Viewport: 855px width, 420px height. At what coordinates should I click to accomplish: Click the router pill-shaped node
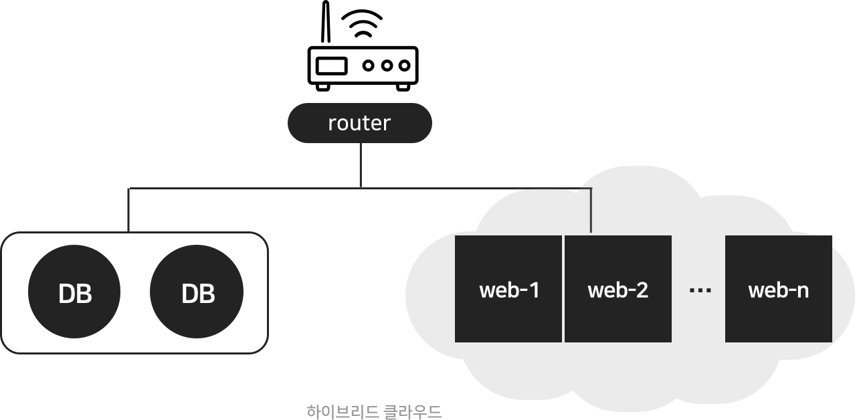coord(359,123)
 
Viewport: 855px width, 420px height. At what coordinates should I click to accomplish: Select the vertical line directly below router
coord(361,165)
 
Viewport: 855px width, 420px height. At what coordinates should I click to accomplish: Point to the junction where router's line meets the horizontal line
coord(361,189)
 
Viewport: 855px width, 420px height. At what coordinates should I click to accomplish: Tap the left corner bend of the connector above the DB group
coord(128,189)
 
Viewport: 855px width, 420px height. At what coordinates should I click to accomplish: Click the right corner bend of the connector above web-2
coord(591,189)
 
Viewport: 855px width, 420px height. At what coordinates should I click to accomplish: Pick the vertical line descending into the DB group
coord(128,211)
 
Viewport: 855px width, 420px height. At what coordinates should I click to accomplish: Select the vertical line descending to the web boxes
coord(591,211)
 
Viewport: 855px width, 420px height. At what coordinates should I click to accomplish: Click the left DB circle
coord(74,293)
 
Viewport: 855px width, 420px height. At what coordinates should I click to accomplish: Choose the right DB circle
coord(197,293)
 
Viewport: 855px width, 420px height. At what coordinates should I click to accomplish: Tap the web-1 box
coord(508,289)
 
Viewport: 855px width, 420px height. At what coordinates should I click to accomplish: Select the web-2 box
coord(618,289)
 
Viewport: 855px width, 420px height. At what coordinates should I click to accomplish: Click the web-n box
coord(778,289)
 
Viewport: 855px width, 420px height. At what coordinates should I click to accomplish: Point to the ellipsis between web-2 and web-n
coord(700,290)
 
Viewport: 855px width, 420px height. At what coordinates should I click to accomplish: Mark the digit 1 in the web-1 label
coord(533,290)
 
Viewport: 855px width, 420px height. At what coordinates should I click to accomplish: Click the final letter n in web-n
coord(801,292)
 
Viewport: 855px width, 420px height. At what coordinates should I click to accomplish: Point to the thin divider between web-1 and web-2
coord(563,289)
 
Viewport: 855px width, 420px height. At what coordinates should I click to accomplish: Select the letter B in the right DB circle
coord(207,294)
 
